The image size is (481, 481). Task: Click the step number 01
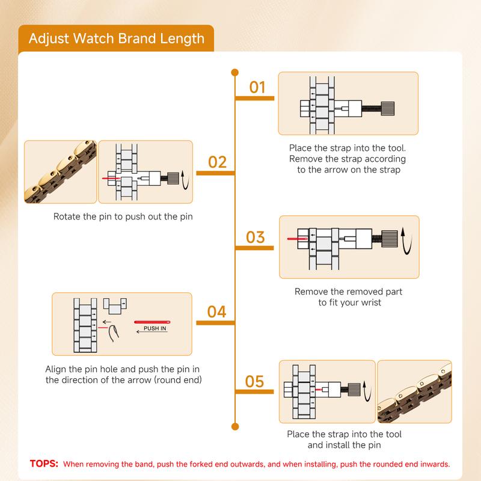click(x=257, y=88)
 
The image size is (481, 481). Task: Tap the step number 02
click(x=217, y=162)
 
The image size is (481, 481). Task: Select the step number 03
click(x=256, y=237)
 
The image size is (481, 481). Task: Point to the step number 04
click(x=216, y=312)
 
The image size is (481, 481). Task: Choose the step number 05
click(x=255, y=381)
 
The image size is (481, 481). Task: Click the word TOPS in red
click(x=44, y=464)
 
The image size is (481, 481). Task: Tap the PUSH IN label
click(x=155, y=329)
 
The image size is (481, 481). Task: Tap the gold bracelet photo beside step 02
click(x=60, y=171)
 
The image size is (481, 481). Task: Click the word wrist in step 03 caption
click(x=369, y=302)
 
